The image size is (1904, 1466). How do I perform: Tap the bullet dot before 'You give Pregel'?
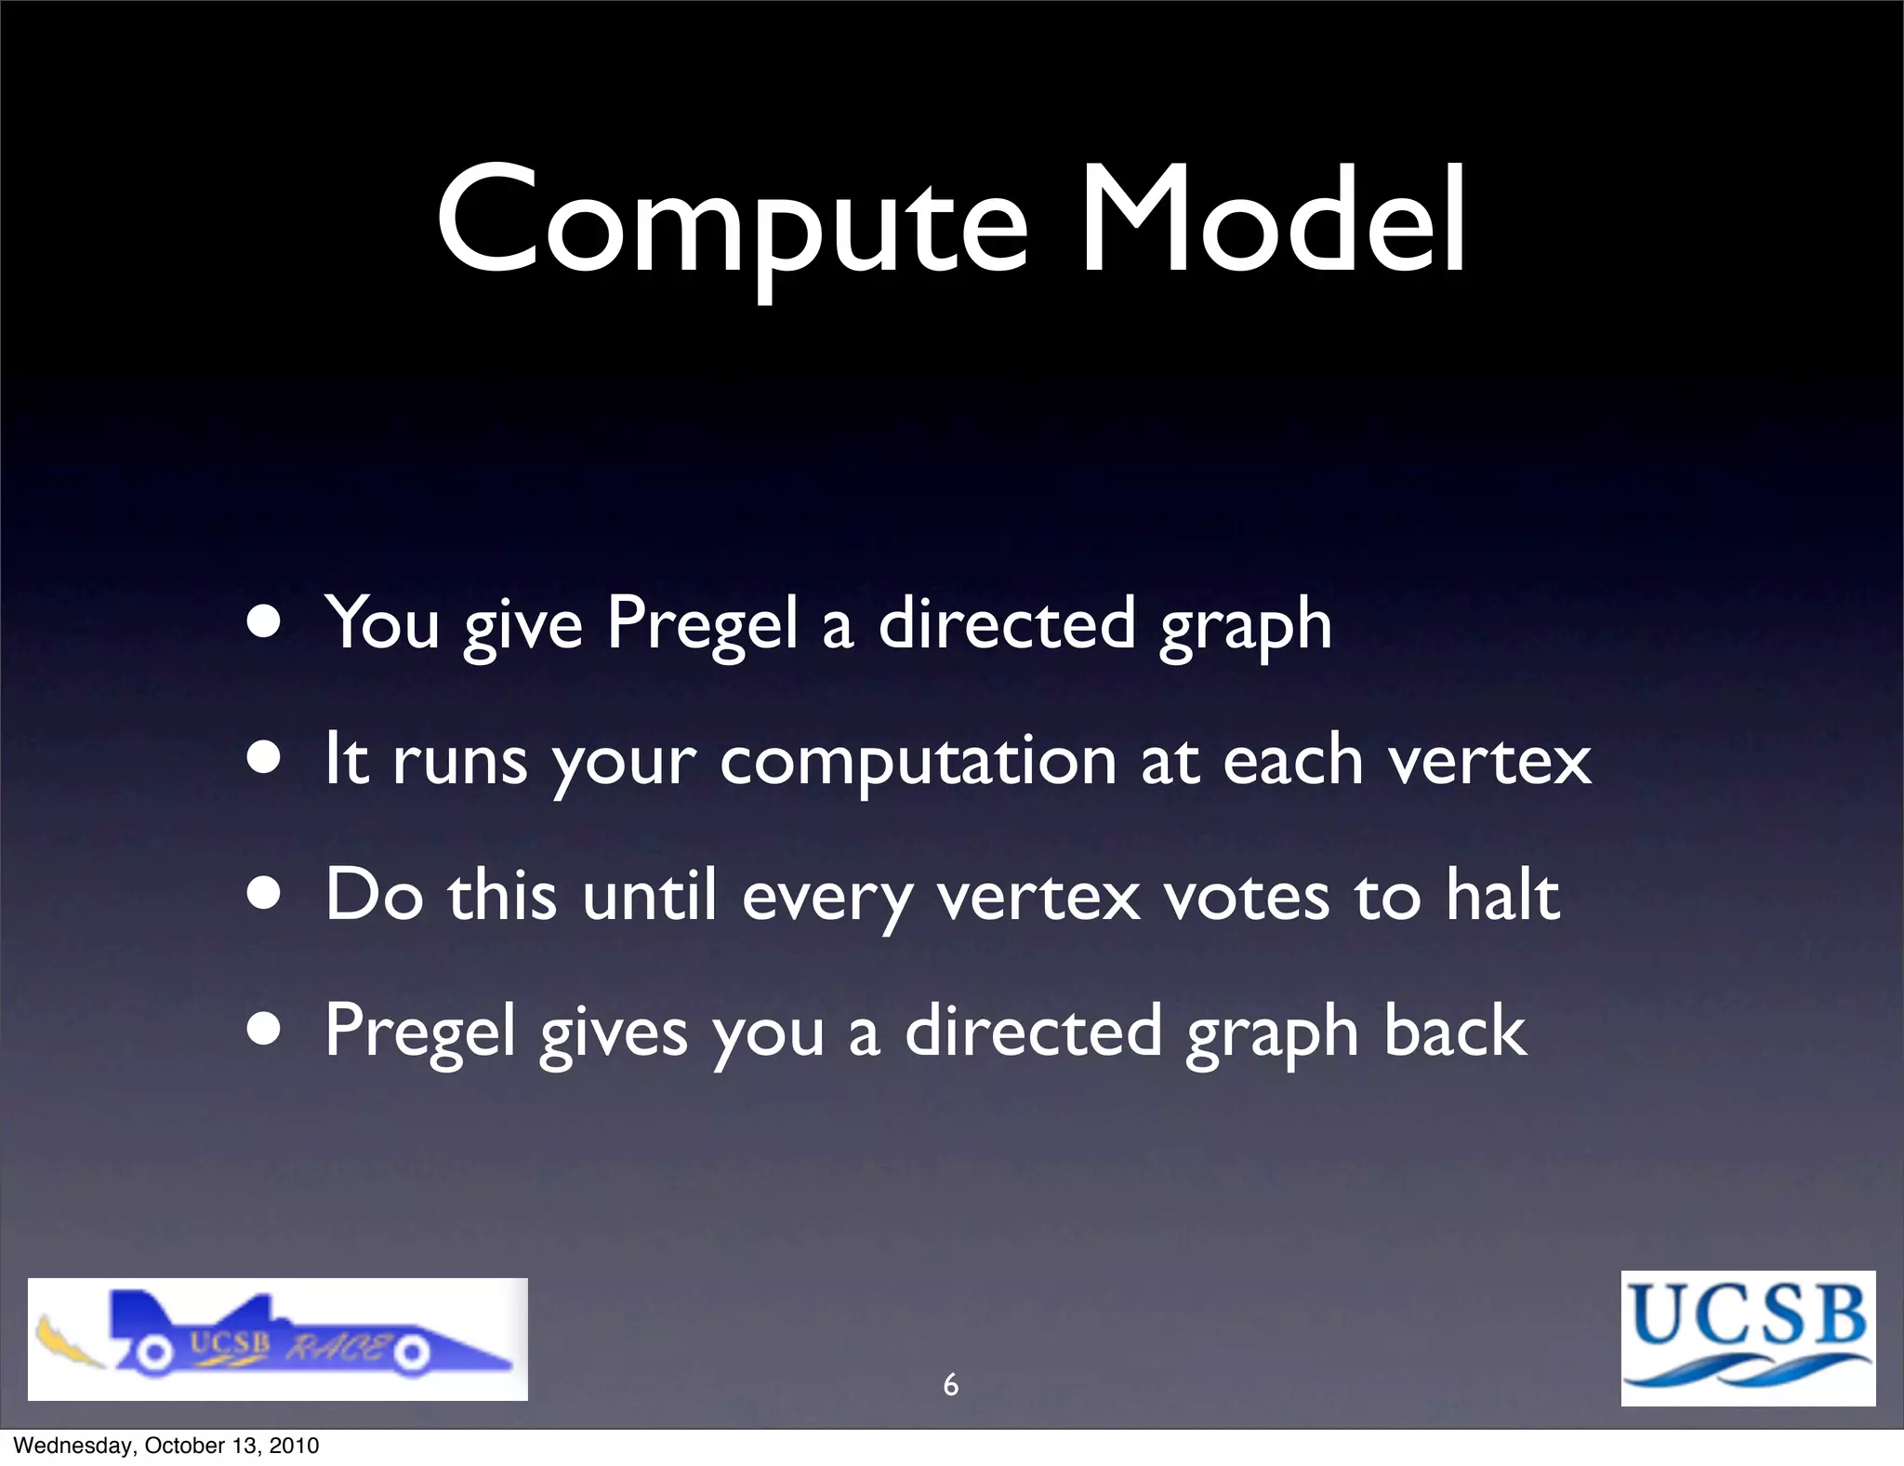[264, 624]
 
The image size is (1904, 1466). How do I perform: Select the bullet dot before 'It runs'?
[264, 759]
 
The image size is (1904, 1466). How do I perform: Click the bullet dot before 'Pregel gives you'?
[264, 1030]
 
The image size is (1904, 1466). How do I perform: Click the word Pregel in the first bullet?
[702, 623]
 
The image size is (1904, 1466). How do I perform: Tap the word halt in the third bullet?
[1501, 895]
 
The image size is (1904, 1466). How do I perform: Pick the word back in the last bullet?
[1454, 1031]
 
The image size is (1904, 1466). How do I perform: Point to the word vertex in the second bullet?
[1489, 761]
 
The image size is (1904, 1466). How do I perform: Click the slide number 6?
[950, 1385]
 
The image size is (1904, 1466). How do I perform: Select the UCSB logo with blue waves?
[1748, 1338]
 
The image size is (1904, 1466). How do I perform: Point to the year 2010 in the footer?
[294, 1446]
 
